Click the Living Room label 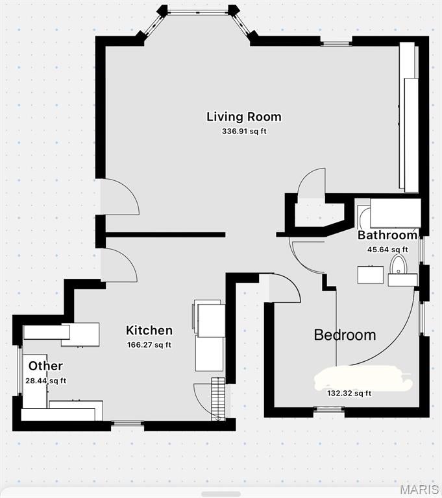click(x=244, y=117)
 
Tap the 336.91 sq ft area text click(x=244, y=131)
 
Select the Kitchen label click(x=149, y=330)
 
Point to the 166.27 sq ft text click(x=149, y=345)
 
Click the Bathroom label click(x=387, y=235)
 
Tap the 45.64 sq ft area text click(x=387, y=250)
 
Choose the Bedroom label click(x=345, y=335)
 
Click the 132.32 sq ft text click(x=349, y=393)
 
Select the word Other click(x=45, y=366)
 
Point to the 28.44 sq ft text click(x=46, y=381)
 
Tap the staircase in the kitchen click(x=219, y=399)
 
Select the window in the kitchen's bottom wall click(x=127, y=423)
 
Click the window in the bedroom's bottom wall click(x=329, y=410)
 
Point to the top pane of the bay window click(x=198, y=13)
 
